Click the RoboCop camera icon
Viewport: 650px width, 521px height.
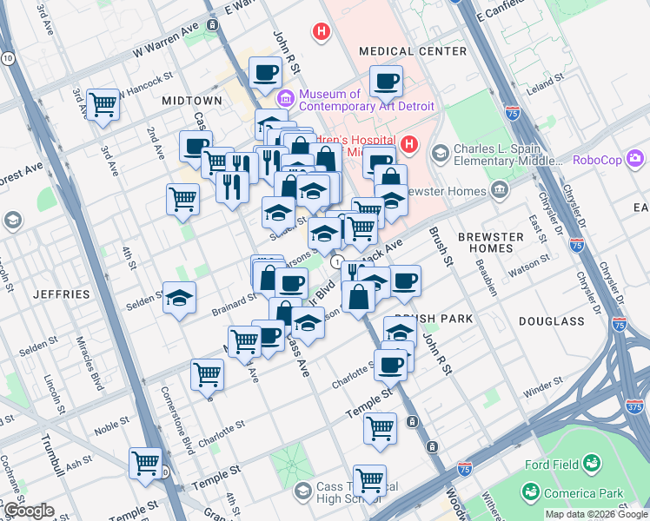pos(636,158)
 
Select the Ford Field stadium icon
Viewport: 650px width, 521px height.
pos(592,464)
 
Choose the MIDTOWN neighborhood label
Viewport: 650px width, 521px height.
pos(192,101)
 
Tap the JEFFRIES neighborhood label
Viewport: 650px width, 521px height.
pos(61,294)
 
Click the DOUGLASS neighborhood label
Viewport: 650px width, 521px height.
pos(552,320)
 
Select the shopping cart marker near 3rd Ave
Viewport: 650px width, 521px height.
pos(103,104)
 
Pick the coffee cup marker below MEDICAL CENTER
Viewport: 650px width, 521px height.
pos(386,82)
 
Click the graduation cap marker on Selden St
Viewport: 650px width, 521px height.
pos(179,299)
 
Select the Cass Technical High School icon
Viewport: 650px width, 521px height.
pos(302,492)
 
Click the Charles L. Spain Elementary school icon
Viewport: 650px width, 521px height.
pos(441,154)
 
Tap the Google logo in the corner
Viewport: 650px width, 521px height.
pos(28,511)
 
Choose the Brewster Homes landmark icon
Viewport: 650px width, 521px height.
pos(500,189)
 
